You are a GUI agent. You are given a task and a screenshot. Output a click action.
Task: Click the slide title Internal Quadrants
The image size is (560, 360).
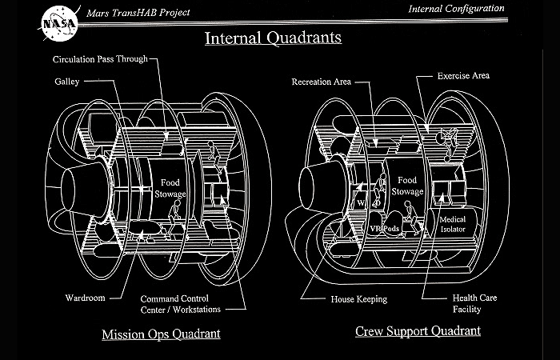click(273, 38)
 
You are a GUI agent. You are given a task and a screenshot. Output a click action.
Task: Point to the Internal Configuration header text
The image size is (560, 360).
click(456, 9)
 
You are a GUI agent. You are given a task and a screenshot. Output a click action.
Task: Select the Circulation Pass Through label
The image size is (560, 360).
click(100, 60)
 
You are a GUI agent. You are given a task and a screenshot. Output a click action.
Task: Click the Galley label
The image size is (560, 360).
click(66, 82)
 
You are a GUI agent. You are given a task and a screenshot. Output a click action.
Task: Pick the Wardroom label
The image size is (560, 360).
click(85, 298)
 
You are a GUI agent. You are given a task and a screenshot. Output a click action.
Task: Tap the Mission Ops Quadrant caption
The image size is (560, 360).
click(161, 333)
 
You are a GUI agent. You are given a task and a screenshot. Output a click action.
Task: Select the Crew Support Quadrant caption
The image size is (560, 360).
click(418, 331)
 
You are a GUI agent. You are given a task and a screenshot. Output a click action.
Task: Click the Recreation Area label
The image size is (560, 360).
click(322, 82)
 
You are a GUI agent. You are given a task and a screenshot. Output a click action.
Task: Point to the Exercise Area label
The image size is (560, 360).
click(463, 76)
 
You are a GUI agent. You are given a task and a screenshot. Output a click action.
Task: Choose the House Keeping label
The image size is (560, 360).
click(359, 299)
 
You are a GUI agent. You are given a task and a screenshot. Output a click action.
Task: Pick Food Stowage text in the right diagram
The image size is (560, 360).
click(407, 187)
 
